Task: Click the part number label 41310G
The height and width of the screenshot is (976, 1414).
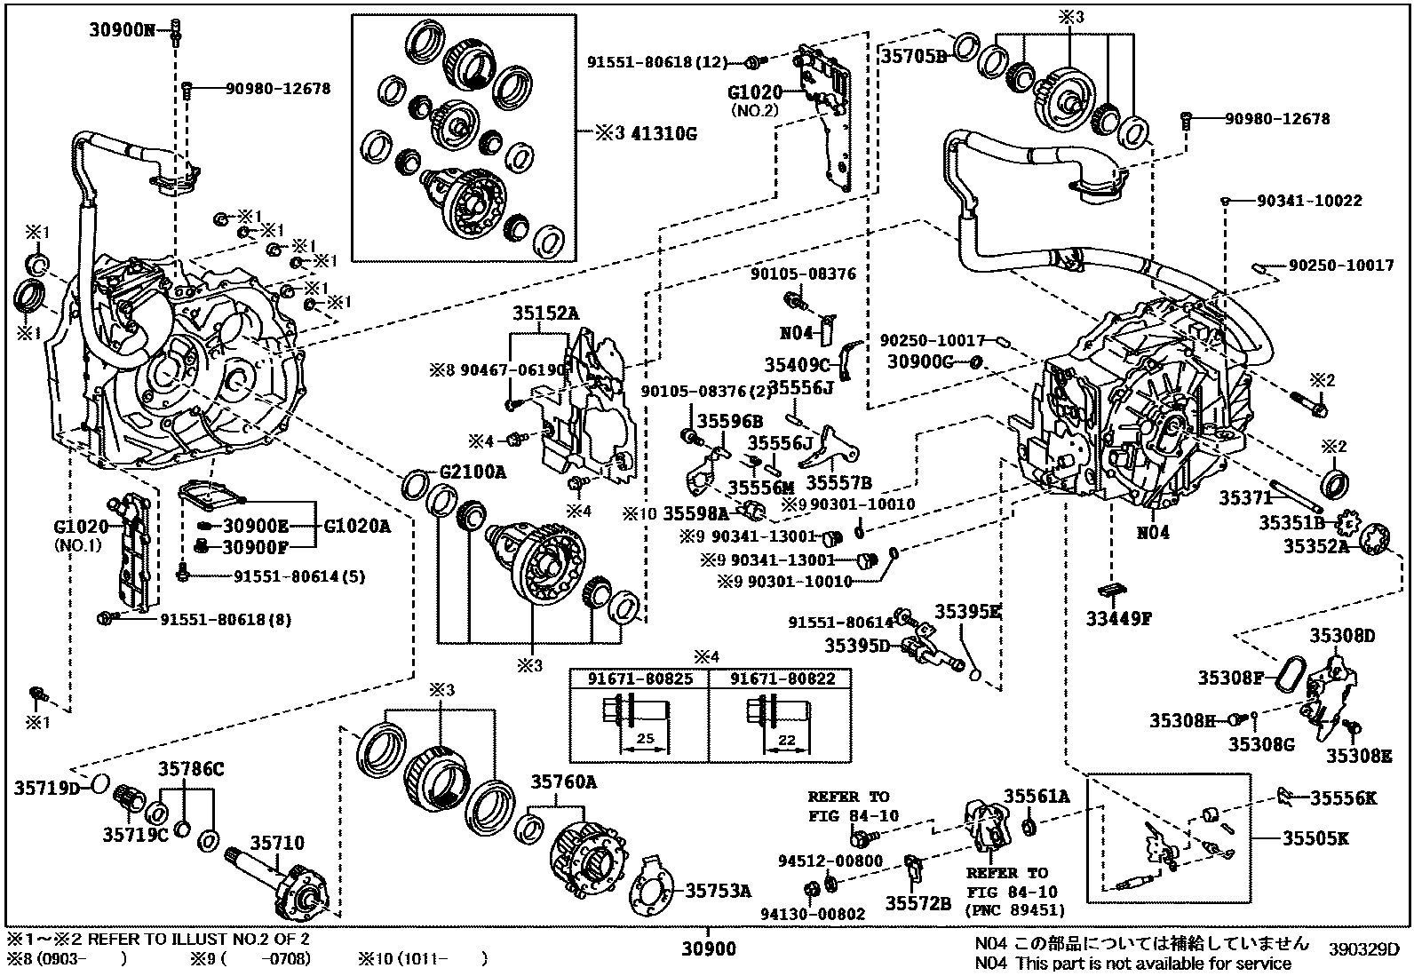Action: click(663, 134)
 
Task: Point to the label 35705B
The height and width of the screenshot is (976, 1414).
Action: click(914, 55)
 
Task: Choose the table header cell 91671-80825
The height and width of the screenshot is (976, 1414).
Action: click(639, 678)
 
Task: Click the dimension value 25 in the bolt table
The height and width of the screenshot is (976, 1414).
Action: click(644, 739)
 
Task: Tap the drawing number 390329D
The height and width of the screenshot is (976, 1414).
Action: click(1363, 948)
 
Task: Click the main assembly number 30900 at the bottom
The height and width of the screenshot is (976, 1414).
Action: click(708, 948)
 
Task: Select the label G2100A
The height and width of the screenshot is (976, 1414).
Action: click(473, 472)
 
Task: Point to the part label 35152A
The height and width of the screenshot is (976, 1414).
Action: click(544, 313)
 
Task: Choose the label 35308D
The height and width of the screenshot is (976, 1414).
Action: click(1342, 635)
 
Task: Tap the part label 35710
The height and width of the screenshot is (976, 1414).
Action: click(276, 843)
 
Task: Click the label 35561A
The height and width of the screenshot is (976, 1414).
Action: click(1037, 797)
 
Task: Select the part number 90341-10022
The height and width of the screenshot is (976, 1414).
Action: click(1308, 202)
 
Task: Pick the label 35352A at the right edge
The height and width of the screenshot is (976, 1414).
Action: click(1315, 547)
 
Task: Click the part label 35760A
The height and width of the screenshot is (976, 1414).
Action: click(564, 782)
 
